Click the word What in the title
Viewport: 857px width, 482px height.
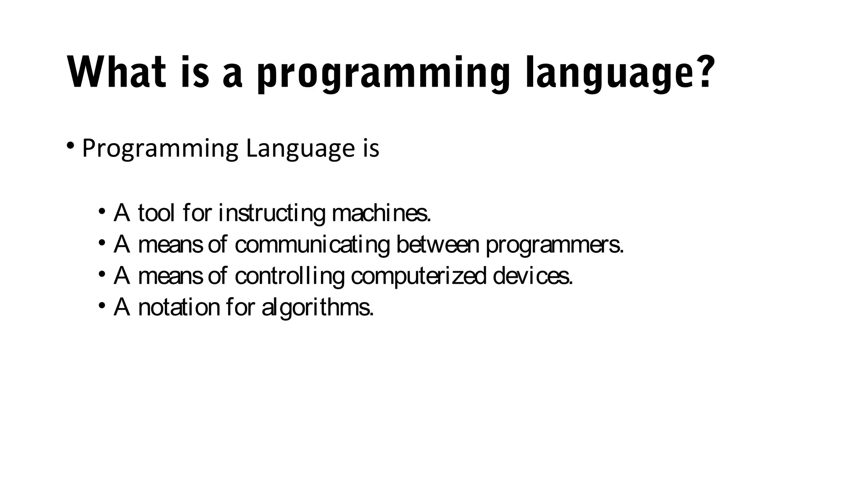pyautogui.click(x=119, y=72)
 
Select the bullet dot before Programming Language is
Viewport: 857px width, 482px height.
pyautogui.click(x=70, y=146)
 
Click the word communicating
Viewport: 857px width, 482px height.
pyautogui.click(x=312, y=245)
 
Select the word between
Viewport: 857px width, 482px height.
pyautogui.click(x=437, y=244)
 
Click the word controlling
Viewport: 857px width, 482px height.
pyautogui.click(x=290, y=277)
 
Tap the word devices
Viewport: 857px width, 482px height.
pyautogui.click(x=533, y=276)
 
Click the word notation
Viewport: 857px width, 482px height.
pyautogui.click(x=179, y=308)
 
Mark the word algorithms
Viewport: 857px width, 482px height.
pyautogui.click(x=317, y=308)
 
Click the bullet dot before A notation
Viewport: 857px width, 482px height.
pyautogui.click(x=102, y=305)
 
